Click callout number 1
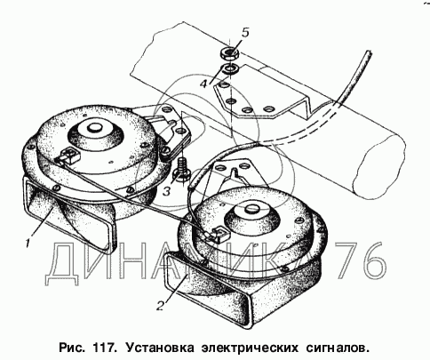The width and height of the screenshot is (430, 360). (x=28, y=244)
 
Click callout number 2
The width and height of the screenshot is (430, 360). (x=160, y=305)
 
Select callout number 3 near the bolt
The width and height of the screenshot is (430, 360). (x=167, y=191)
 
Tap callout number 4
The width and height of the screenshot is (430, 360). (x=203, y=84)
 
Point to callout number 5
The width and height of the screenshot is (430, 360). (x=245, y=32)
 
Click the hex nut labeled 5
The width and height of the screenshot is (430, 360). (x=230, y=54)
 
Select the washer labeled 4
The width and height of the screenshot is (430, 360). (x=230, y=69)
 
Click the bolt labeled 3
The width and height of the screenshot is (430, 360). (x=181, y=171)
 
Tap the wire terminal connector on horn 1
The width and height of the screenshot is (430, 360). (x=69, y=156)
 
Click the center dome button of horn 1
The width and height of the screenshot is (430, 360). (x=95, y=127)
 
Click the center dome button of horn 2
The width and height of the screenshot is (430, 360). (x=251, y=209)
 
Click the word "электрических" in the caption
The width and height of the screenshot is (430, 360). (x=250, y=348)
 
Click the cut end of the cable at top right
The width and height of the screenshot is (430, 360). (x=369, y=53)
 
